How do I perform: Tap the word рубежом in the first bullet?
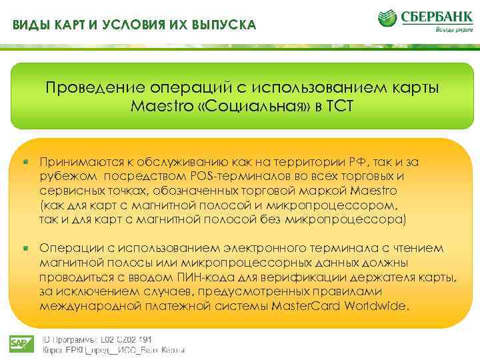64,176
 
